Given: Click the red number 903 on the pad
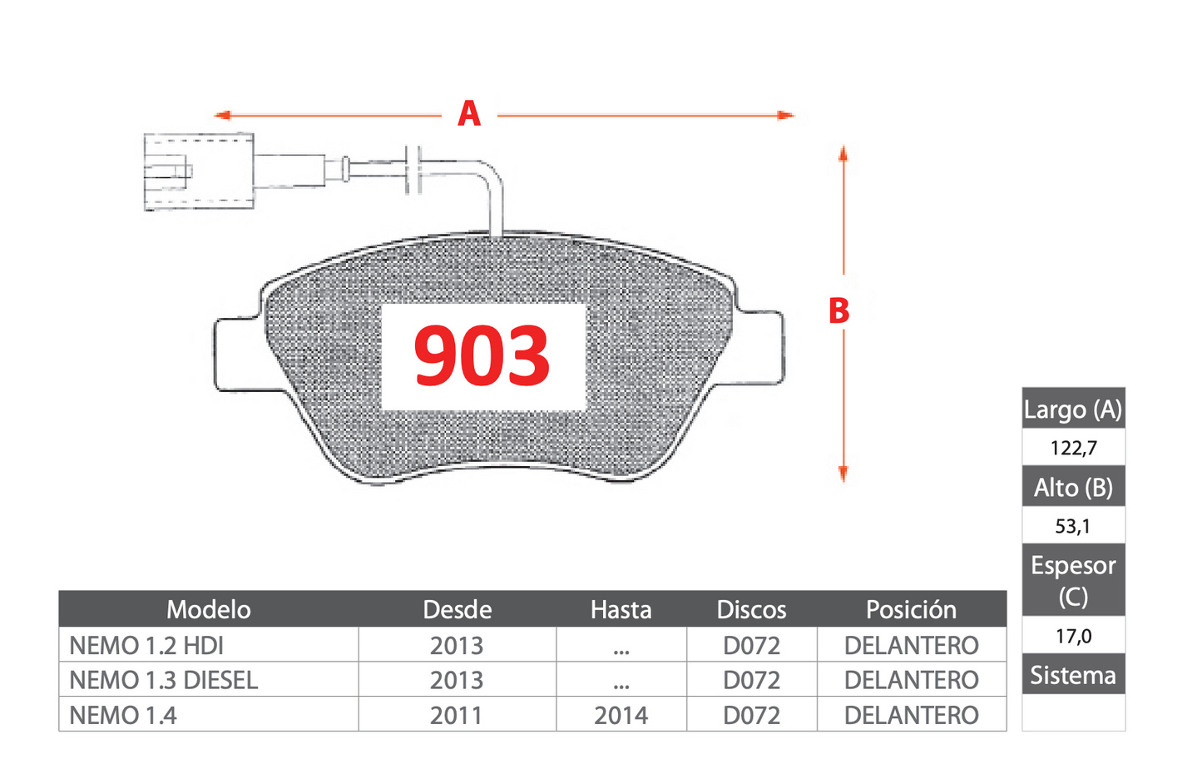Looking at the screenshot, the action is (482, 355).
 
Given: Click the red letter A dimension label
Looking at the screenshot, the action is (469, 114).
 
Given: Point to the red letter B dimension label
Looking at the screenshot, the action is (838, 311).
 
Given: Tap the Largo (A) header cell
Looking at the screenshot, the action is (1073, 409).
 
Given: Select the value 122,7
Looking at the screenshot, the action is (1073, 448).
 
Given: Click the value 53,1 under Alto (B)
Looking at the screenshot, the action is (1073, 526).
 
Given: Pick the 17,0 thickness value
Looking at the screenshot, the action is (1073, 637).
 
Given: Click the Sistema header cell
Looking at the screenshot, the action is (1073, 674).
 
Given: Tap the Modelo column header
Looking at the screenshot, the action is (209, 609).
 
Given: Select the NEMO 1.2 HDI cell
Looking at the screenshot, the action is (146, 645).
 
